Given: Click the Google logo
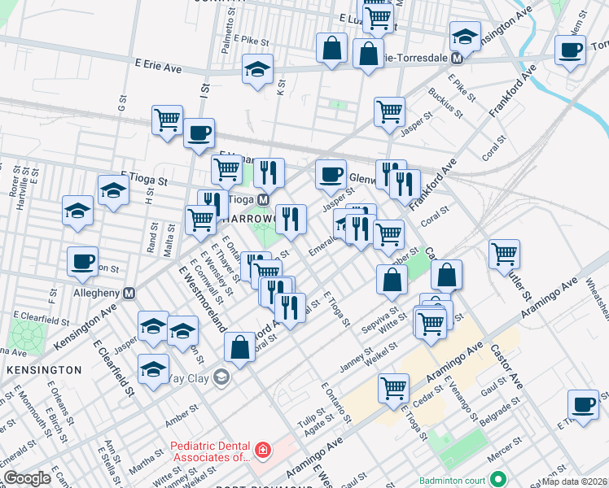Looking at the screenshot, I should click(x=27, y=478).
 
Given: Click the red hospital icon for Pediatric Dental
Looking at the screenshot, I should click(x=262, y=450).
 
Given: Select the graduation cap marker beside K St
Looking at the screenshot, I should click(x=257, y=68).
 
